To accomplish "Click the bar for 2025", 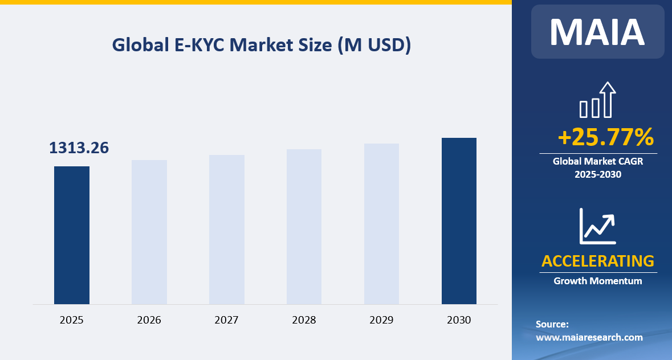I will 72,235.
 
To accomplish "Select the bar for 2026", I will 149,232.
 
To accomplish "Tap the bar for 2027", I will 227,229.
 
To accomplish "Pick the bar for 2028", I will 304,226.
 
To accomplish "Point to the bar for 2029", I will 381,223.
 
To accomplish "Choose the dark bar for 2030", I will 459,220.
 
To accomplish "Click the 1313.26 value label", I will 79,148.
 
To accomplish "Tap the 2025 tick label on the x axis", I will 72,320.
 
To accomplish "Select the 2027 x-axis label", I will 227,320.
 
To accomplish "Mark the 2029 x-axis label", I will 381,320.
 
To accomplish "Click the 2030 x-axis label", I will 459,320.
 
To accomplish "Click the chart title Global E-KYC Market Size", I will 262,45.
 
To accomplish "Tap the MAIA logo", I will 597,32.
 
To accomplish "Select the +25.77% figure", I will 605,137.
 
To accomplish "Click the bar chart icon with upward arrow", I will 597,100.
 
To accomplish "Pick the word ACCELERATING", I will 597,261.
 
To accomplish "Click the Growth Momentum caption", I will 597,281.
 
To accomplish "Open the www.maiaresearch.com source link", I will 589,337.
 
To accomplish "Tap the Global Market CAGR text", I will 597,162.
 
